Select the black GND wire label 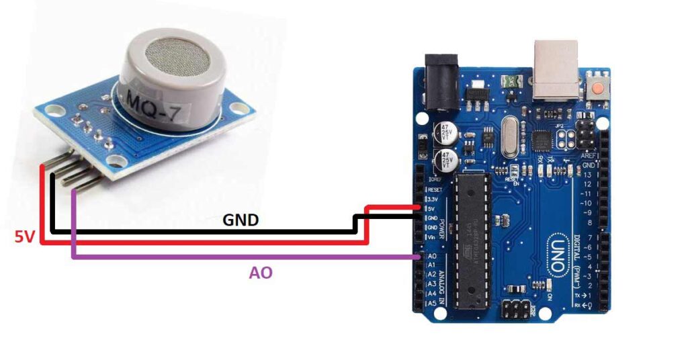coord(241,220)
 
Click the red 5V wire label coord(26,236)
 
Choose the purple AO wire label coord(261,273)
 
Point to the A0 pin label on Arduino coord(432,257)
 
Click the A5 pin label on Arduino coord(432,304)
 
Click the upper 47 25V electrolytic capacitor coord(445,130)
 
